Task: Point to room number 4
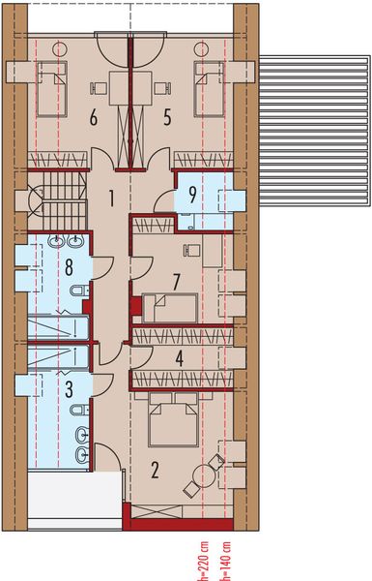tap(179, 357)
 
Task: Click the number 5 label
tap(167, 117)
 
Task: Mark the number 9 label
tap(193, 193)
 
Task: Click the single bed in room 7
tap(170, 307)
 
